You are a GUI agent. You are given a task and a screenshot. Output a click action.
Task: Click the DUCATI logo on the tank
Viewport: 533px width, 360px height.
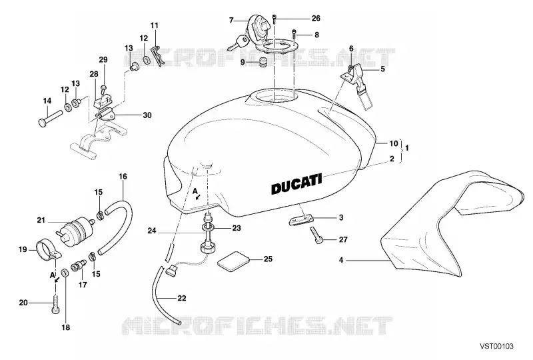pyautogui.click(x=296, y=184)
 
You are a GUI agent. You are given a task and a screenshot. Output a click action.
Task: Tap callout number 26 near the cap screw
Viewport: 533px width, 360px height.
pyautogui.click(x=316, y=18)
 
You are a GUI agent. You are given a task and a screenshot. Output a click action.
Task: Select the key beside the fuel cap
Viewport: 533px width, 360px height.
pyautogui.click(x=239, y=43)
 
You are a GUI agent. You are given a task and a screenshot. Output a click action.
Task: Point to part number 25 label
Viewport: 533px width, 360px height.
pyautogui.click(x=268, y=259)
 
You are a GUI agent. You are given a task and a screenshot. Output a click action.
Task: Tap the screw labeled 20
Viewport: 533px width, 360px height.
pyautogui.click(x=55, y=305)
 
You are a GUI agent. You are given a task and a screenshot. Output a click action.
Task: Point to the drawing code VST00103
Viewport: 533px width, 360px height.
pyautogui.click(x=496, y=347)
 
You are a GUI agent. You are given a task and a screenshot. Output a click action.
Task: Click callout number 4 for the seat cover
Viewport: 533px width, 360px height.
pyautogui.click(x=341, y=260)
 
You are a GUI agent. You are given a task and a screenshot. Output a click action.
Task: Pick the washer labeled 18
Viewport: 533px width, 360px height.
pyautogui.click(x=64, y=273)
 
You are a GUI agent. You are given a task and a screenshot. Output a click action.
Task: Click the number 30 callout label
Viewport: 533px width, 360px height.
pyautogui.click(x=147, y=115)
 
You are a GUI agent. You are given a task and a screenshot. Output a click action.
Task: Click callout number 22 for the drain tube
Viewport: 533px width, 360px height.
pyautogui.click(x=182, y=298)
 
